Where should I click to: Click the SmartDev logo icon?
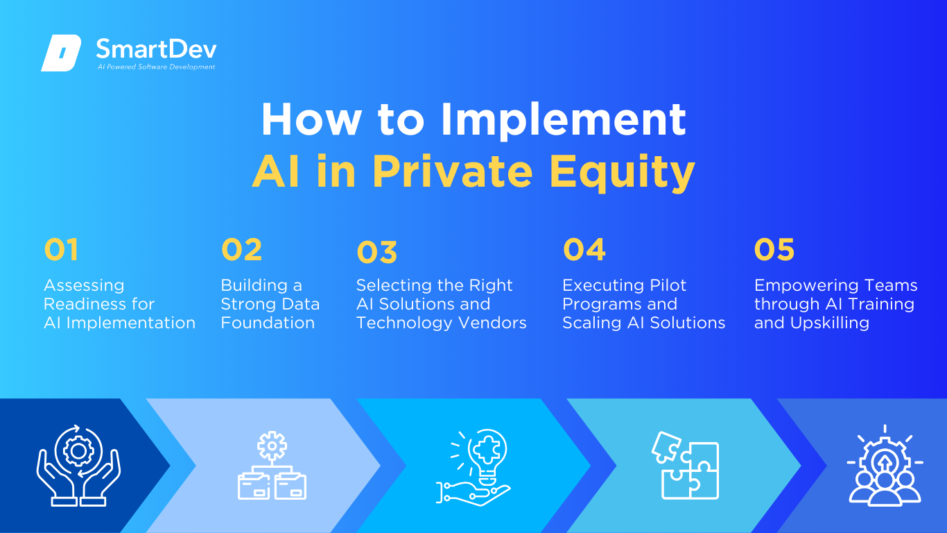coord(61,53)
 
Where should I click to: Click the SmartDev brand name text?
coord(157,49)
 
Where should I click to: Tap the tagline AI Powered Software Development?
coord(157,67)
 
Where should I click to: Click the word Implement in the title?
coord(563,120)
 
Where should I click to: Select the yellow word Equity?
coord(623,172)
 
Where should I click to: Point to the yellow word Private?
coord(452,171)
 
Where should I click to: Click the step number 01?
coord(61,249)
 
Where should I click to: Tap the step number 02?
coord(242,249)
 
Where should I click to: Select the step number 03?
coord(377,253)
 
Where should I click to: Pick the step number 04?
coord(584,249)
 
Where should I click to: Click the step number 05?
coord(774,249)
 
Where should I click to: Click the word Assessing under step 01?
coord(84,286)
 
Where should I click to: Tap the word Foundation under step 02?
coord(268,323)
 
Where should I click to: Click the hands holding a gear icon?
coord(78,465)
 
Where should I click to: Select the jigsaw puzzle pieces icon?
coord(686,466)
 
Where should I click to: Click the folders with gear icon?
coord(272,465)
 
